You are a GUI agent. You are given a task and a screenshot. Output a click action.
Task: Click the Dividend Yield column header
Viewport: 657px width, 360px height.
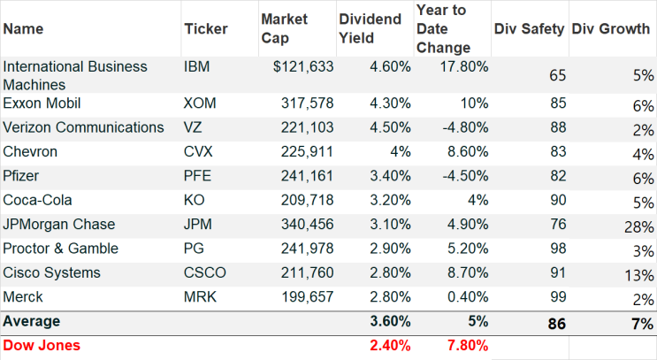370,28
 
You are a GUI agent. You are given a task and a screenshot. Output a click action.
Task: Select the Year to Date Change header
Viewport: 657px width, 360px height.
443,28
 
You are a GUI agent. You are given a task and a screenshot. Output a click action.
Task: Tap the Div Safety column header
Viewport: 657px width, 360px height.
529,28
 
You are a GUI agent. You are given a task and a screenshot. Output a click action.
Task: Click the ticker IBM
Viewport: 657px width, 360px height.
196,66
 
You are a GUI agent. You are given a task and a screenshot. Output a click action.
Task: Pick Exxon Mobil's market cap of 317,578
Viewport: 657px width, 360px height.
307,103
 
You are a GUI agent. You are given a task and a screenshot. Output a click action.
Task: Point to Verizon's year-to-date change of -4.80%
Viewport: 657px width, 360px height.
465,127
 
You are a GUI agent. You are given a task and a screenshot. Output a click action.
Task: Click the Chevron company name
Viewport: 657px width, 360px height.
30,152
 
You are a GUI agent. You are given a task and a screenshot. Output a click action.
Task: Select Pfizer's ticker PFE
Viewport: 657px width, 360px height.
197,176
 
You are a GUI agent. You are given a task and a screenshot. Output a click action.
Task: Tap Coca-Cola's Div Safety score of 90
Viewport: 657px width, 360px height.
558,200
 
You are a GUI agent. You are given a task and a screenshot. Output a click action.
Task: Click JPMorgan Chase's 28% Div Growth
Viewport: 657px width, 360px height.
638,227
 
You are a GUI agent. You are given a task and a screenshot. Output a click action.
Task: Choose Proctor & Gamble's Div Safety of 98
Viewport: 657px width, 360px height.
558,249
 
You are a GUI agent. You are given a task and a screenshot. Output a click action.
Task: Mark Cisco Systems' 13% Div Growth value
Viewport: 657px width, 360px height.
638,275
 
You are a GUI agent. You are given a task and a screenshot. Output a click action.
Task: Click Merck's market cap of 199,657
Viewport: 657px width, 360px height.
307,296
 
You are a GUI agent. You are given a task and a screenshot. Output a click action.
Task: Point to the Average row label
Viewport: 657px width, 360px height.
32,321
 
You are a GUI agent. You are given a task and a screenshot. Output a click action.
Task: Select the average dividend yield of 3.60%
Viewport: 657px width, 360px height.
390,321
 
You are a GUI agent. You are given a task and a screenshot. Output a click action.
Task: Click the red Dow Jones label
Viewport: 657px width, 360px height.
42,345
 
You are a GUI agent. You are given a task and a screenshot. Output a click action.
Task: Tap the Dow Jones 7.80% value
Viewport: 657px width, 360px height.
468,345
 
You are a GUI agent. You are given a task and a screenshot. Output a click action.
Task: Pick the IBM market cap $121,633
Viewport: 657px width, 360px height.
303,66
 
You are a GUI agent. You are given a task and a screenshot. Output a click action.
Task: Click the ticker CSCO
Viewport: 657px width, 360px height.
205,272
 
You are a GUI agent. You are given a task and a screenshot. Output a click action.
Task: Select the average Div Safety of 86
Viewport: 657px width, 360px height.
557,324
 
